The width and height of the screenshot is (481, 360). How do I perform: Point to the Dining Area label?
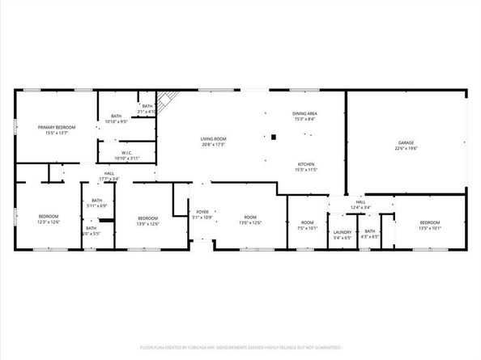point(305,114)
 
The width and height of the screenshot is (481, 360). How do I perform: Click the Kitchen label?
point(305,164)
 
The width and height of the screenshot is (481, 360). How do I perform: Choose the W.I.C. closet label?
point(127,154)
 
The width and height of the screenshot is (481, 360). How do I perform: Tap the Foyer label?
point(202,213)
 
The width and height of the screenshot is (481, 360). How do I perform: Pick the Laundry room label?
point(342,231)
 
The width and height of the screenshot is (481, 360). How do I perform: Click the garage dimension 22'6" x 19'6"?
point(407,149)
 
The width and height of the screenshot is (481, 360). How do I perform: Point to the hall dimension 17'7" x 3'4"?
point(109,179)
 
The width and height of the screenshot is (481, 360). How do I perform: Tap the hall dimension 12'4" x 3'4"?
point(360,208)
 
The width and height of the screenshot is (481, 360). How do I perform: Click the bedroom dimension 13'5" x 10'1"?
point(429,228)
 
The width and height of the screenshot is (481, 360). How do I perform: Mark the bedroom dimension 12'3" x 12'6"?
point(49,222)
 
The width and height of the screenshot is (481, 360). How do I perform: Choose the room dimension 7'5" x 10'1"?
point(308,228)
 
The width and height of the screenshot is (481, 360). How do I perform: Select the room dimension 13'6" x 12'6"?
point(250,222)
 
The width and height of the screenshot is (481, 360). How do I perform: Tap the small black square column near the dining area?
point(274,137)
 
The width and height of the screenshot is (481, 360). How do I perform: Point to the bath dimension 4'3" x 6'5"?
point(370,237)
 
